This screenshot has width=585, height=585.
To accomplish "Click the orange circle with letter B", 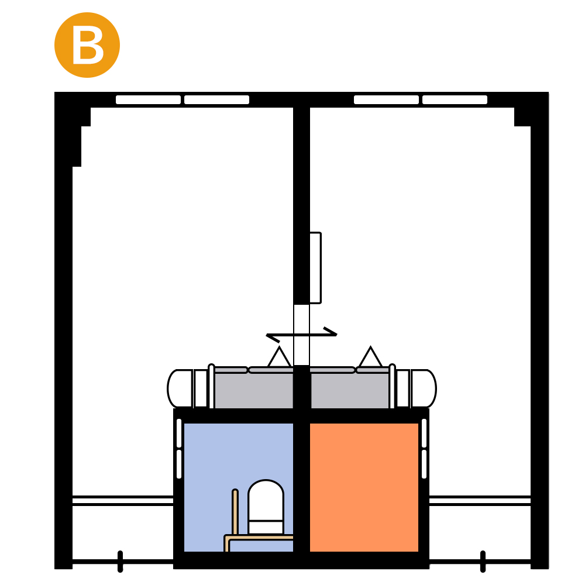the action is (x=87, y=45).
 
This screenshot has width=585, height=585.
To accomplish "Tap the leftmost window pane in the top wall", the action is (x=148, y=99).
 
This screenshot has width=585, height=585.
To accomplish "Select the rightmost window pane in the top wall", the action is (x=455, y=99).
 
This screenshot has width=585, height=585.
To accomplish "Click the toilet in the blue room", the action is (x=266, y=507).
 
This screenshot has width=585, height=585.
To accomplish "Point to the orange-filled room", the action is (x=364, y=487).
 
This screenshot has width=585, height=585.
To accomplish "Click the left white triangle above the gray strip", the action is (x=279, y=357).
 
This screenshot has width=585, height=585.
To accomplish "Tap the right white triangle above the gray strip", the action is (x=370, y=357).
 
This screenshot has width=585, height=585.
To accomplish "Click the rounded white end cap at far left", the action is (x=180, y=388).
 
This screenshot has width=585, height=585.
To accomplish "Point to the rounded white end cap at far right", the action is (x=424, y=388).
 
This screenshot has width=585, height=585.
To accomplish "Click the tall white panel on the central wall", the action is (x=316, y=268).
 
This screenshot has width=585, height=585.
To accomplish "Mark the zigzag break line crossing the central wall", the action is (x=301, y=335).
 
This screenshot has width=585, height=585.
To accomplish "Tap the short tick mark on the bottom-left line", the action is (x=120, y=561).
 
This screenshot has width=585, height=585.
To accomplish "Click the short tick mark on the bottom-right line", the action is (x=483, y=561).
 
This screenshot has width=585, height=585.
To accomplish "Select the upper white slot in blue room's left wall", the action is (x=179, y=433).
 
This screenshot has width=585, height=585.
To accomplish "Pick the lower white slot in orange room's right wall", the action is (x=424, y=464).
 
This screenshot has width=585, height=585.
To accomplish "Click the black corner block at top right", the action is (x=522, y=117).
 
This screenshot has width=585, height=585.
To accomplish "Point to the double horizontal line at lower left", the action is (x=123, y=501).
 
